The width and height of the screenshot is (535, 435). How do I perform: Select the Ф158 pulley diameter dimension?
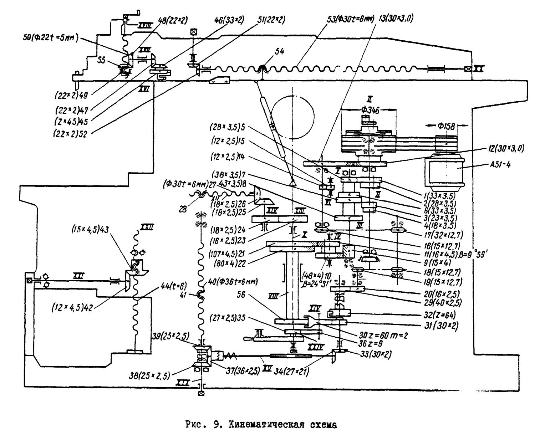(x=446, y=126)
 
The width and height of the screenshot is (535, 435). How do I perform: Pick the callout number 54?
(x=279, y=51)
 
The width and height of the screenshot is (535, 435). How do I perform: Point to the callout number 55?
(x=102, y=61)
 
